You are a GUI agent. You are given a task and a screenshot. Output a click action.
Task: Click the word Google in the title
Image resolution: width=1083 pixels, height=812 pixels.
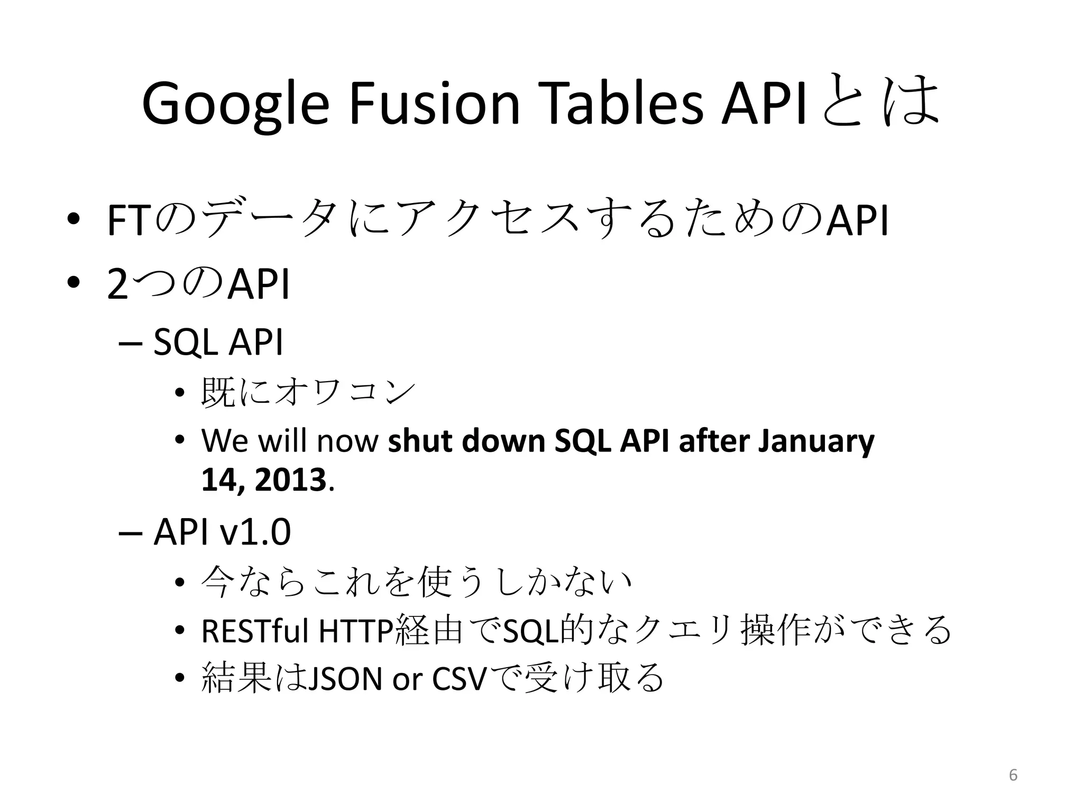235,105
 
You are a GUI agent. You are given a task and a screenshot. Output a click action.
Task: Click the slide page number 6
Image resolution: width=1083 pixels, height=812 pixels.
1013,775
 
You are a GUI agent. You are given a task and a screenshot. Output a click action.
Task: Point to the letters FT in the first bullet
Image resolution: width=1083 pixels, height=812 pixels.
128,221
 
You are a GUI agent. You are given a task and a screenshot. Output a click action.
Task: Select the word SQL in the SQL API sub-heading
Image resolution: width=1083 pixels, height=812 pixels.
185,343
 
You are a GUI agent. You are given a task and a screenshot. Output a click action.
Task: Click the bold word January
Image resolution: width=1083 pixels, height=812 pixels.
816,442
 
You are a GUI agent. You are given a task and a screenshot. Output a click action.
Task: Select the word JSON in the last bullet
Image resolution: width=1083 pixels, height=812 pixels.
344,679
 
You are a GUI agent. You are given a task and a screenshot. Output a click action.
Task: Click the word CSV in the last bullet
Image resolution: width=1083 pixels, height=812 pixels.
458,679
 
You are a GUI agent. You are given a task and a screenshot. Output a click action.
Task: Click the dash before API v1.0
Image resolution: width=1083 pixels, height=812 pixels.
131,533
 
